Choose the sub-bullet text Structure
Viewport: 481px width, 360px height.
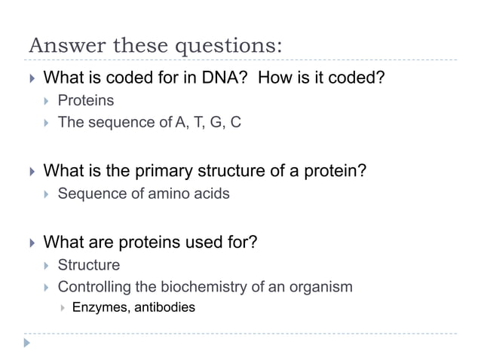click(88, 265)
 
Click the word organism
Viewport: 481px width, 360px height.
click(323, 287)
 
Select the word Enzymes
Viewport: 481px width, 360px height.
click(100, 307)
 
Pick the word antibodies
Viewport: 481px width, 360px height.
click(164, 307)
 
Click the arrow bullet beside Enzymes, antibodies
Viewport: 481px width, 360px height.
click(62, 307)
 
